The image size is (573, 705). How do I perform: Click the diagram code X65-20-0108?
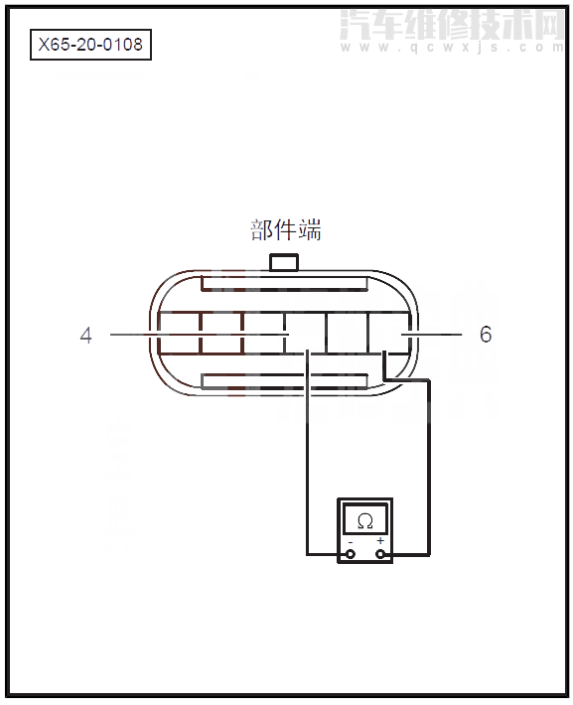[x=90, y=45]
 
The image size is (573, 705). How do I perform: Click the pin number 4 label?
[x=86, y=336]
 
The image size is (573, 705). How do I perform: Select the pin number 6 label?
[x=486, y=335]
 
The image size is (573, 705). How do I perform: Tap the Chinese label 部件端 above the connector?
[x=285, y=230]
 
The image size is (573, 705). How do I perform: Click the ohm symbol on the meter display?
[x=364, y=519]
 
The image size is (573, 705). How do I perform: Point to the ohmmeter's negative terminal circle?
[x=350, y=554]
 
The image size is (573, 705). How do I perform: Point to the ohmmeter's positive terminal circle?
[x=380, y=554]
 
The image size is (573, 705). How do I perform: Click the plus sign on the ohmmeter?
[x=380, y=541]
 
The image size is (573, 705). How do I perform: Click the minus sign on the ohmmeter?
[x=350, y=541]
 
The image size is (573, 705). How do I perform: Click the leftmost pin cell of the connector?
[x=179, y=334]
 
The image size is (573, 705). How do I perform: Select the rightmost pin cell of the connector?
[x=389, y=334]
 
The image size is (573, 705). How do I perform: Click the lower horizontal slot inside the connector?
[x=285, y=380]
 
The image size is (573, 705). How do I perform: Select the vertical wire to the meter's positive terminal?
[x=428, y=467]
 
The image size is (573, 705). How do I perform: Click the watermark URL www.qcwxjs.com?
[x=452, y=46]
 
